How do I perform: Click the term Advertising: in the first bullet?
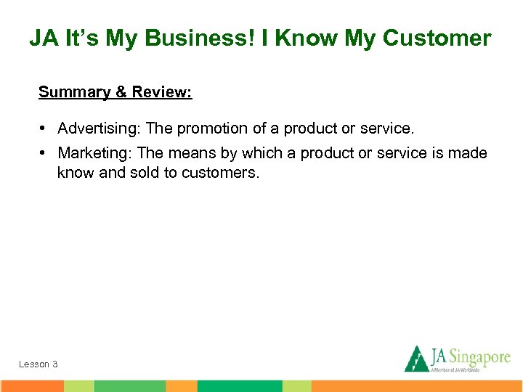pyautogui.click(x=100, y=128)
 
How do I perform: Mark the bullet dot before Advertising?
pyautogui.click(x=44, y=128)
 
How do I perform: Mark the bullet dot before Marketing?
pyautogui.click(x=44, y=153)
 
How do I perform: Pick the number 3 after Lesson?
pyautogui.click(x=55, y=364)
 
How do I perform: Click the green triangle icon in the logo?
pyautogui.click(x=415, y=359)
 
